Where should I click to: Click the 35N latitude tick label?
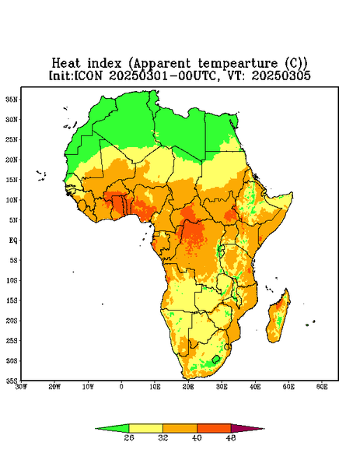click(12, 99)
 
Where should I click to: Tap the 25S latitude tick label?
click(12, 341)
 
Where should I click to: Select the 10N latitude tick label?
click(12, 200)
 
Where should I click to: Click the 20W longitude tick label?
click(54, 387)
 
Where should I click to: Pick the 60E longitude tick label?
click(322, 387)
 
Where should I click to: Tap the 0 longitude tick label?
click(121, 387)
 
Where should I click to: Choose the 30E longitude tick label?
click(222, 387)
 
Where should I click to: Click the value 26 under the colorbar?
click(129, 437)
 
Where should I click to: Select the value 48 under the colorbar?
click(231, 437)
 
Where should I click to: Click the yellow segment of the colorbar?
click(145, 428)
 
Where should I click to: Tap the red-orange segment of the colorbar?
click(214, 428)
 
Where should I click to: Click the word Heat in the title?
click(66, 64)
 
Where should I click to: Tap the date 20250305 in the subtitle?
click(281, 75)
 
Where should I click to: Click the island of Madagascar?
click(278, 318)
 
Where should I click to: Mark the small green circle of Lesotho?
click(216, 359)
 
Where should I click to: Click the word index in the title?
click(104, 64)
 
